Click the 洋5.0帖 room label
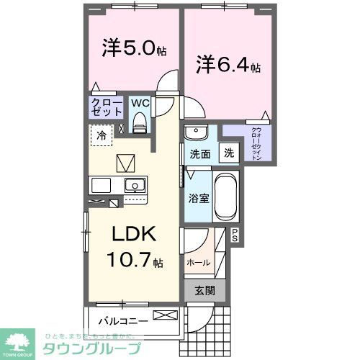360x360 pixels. pyautogui.click(x=134, y=48)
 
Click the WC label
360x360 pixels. pyautogui.click(x=140, y=103)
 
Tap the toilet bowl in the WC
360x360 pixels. pyautogui.click(x=140, y=124)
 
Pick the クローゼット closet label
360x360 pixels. pyautogui.click(x=106, y=109)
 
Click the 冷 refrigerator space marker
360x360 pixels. pyautogui.click(x=102, y=135)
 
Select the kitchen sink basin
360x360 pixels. pyautogui.click(x=134, y=186)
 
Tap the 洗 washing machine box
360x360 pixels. pyautogui.click(x=228, y=153)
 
